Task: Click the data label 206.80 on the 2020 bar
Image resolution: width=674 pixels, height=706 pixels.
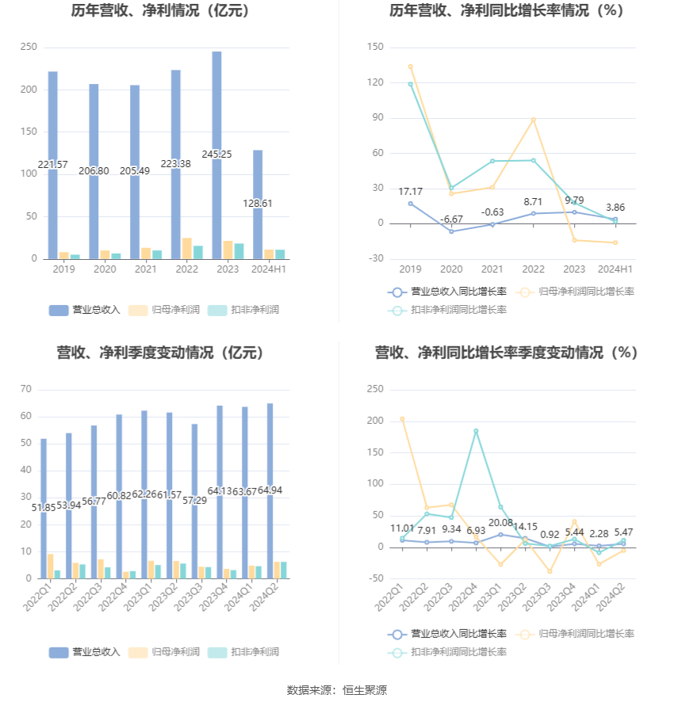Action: click(94, 170)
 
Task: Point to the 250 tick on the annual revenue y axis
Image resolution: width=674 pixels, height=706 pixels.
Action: click(29, 48)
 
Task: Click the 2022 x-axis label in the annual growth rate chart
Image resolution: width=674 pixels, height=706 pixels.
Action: click(533, 269)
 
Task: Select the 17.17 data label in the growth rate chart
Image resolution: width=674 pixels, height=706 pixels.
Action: click(410, 192)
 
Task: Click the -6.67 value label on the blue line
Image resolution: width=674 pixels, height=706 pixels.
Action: click(451, 219)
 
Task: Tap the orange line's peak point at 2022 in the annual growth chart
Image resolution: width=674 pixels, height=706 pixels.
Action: click(533, 120)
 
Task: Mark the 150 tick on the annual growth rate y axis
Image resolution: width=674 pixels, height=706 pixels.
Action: click(375, 48)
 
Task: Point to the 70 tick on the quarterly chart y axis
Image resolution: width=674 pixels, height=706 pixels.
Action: click(25, 389)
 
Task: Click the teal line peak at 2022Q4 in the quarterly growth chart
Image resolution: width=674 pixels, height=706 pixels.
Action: click(476, 431)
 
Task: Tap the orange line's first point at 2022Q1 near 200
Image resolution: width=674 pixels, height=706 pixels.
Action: click(402, 419)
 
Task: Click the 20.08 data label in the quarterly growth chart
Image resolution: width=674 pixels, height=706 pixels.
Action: click(500, 523)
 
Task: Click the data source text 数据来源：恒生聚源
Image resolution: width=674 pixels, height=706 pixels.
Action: click(336, 690)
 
